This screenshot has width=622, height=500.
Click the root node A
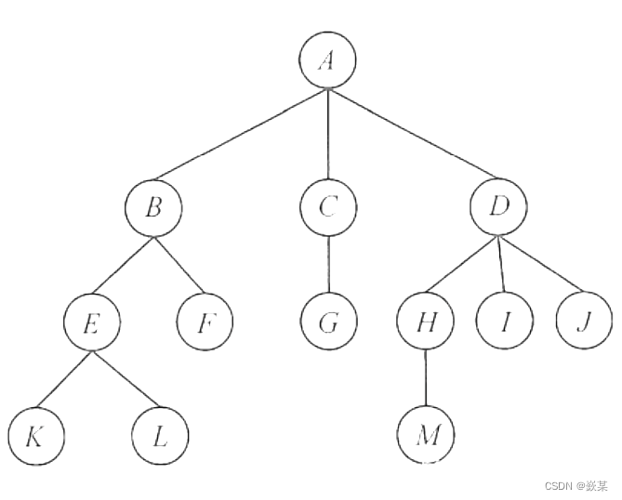[x=327, y=60]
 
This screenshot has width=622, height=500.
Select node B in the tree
[x=153, y=207]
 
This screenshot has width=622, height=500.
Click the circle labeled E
[x=92, y=323]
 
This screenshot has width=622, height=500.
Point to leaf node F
[x=205, y=323]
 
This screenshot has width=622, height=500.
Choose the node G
[x=328, y=323]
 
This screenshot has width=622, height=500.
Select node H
[x=424, y=323]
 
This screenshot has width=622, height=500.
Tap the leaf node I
[x=505, y=323]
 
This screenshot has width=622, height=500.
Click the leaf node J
[x=585, y=323]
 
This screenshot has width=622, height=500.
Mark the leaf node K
[x=35, y=435]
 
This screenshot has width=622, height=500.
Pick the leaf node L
[x=160, y=435]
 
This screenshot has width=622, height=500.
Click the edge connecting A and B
[x=241, y=134]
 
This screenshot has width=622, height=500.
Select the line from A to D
[x=413, y=134]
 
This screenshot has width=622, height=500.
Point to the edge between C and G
[x=328, y=265]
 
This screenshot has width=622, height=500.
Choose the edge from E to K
[x=64, y=379]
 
